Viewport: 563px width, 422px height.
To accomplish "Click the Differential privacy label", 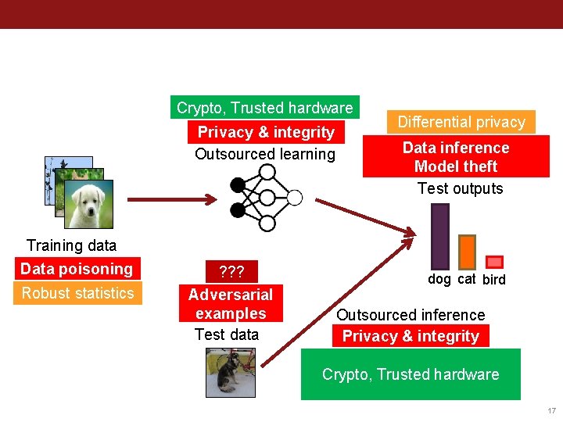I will point(461,122).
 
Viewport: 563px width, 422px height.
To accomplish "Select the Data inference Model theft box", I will point(456,157).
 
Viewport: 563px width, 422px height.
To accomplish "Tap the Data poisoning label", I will point(77,269).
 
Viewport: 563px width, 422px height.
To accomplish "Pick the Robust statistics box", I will point(77,293).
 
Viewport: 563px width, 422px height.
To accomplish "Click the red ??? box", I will point(231,272).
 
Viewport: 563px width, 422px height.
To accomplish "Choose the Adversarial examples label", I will point(231,304).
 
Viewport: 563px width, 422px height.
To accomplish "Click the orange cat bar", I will point(467,251).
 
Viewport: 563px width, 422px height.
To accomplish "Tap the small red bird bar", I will point(494,263).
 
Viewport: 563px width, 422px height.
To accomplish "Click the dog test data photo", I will point(231,372).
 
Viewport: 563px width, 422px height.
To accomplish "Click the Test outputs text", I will point(460,188).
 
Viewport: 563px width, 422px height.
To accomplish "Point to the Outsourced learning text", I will point(265,154).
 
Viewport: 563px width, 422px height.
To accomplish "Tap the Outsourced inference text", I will point(411,315).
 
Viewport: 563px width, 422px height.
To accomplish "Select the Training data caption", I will point(71,245).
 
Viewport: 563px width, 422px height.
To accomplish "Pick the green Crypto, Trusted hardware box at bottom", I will point(411,374).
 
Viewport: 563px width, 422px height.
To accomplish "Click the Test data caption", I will point(227,334).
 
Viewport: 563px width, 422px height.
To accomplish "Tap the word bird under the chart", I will point(494,280).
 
